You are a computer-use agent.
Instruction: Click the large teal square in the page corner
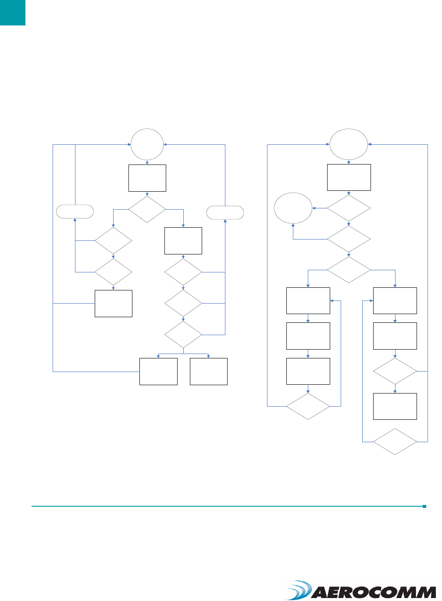[12, 12]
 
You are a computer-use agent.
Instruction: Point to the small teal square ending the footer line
[424, 506]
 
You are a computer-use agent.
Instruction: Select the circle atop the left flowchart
[147, 145]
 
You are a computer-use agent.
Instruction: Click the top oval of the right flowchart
[349, 144]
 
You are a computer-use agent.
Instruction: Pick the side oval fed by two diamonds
[293, 208]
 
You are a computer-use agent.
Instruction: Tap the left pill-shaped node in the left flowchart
[75, 212]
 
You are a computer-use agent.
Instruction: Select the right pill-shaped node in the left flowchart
[225, 212]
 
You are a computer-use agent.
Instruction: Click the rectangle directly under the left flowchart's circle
[147, 178]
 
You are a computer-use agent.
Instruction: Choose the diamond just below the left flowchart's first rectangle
[147, 209]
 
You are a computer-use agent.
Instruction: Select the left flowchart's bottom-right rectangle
[209, 372]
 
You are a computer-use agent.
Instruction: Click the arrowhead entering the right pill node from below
[225, 221]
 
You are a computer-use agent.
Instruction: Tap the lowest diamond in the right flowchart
[395, 441]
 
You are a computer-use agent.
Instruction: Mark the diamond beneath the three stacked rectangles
[308, 406]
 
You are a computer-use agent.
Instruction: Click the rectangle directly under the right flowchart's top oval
[349, 177]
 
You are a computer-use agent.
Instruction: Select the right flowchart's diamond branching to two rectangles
[349, 270]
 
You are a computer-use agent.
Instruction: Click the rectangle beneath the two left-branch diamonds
[114, 303]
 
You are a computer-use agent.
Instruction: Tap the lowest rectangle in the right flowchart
[395, 406]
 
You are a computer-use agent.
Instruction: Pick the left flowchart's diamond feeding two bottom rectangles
[183, 335]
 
